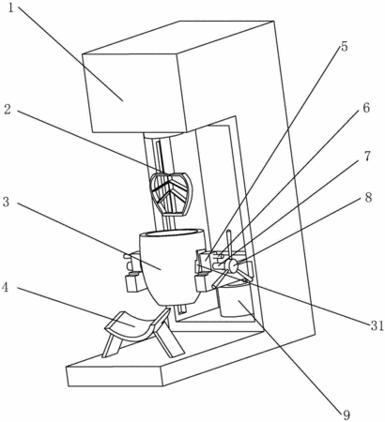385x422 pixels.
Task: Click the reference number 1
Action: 11,8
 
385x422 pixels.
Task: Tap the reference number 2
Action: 8,110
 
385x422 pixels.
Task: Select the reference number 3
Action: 7,202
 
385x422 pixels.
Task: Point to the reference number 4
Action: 6,288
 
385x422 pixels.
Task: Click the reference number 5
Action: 344,46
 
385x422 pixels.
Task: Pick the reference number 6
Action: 366,108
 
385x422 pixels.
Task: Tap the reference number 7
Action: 367,156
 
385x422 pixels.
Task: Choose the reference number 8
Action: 368,197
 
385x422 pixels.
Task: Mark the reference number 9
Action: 346,415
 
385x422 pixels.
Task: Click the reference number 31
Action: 377,325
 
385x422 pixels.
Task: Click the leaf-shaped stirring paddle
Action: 171,193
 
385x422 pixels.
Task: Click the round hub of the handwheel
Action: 233,266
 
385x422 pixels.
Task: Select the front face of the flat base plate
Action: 115,377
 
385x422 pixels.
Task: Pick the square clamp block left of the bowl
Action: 132,282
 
